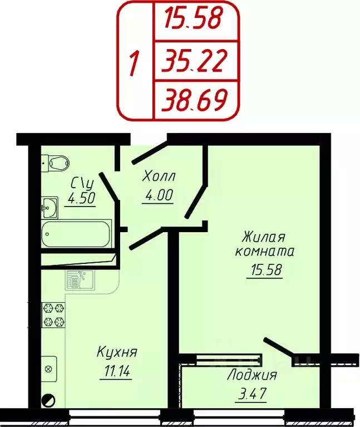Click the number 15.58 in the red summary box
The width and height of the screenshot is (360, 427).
192,19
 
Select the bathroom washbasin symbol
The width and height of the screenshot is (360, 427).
49,208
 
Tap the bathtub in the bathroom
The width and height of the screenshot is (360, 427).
76,234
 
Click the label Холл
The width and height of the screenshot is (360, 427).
159,177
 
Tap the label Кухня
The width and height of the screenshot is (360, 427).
117,352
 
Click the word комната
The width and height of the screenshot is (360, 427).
265,251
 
